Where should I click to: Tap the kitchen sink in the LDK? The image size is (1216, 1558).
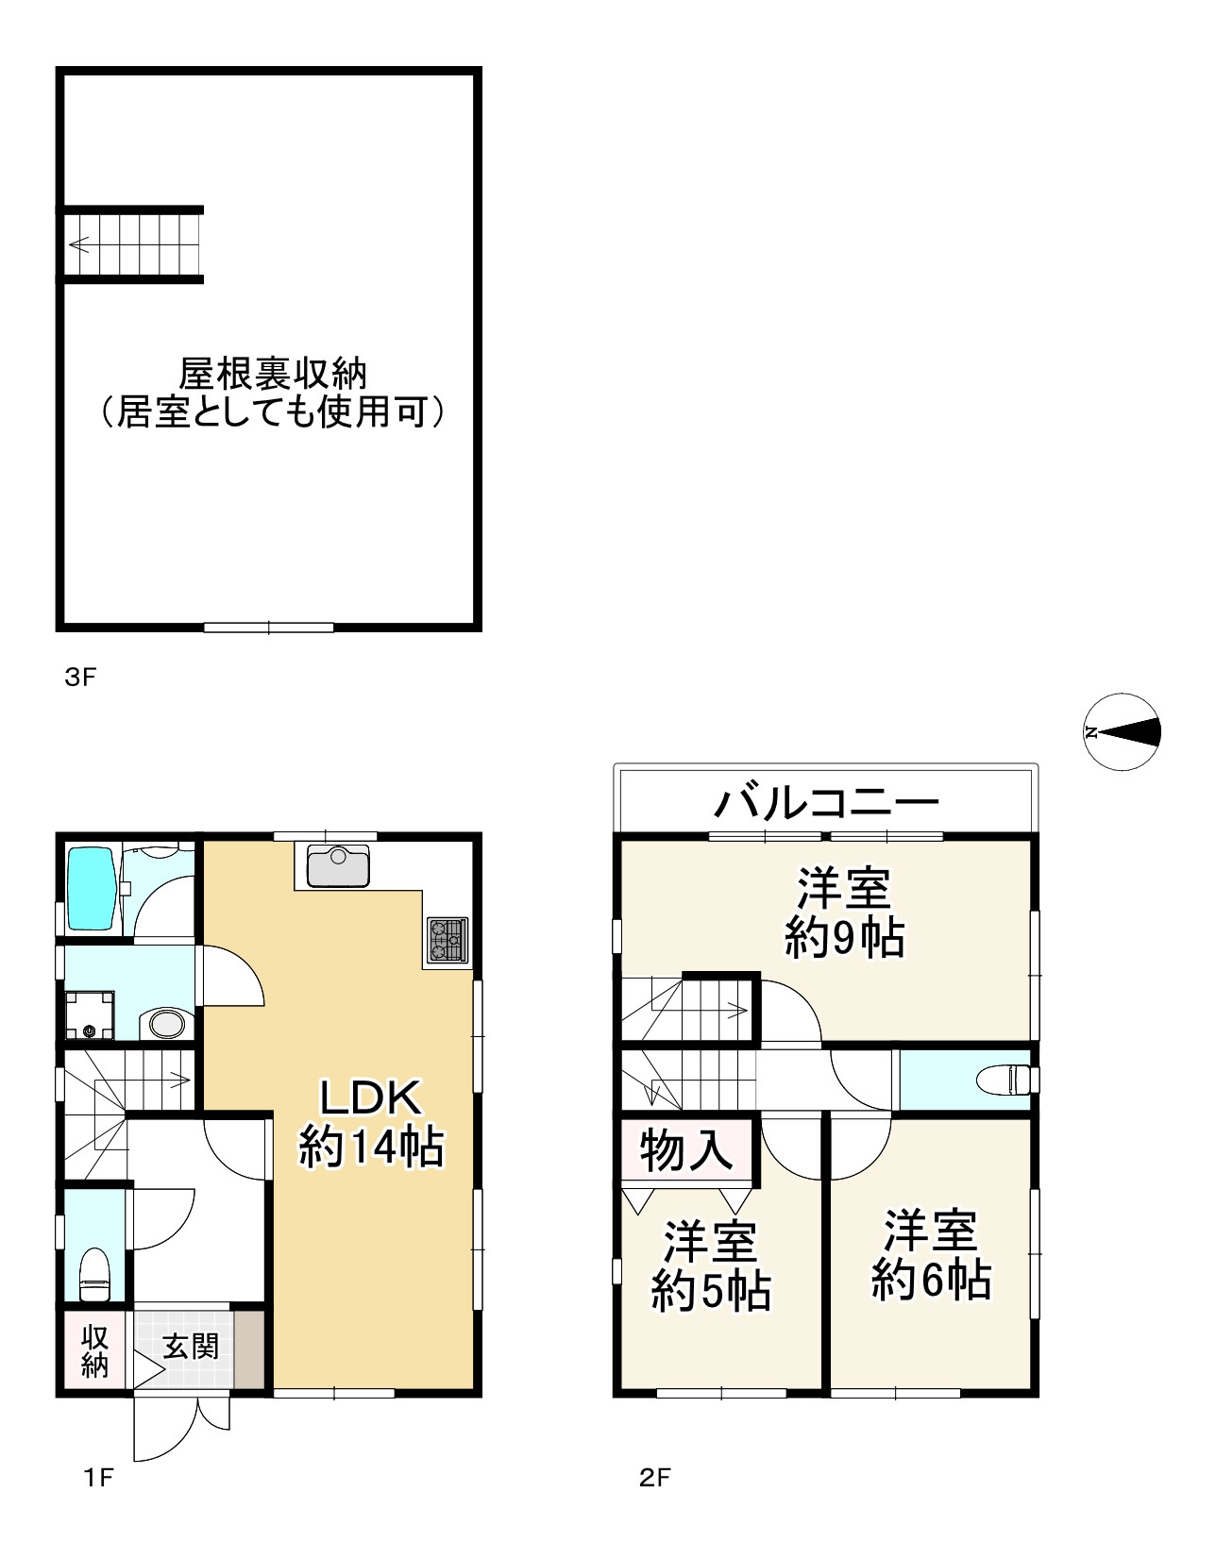(335, 866)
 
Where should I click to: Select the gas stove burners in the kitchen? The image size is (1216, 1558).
(448, 940)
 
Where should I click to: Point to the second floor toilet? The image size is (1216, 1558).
(1005, 1079)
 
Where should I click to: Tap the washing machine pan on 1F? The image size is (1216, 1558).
(90, 1014)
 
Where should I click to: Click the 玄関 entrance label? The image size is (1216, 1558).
(192, 1347)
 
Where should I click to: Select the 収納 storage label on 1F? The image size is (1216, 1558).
(94, 1351)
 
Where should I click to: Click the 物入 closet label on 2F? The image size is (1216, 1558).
(686, 1150)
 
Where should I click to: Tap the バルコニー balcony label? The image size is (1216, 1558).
(826, 803)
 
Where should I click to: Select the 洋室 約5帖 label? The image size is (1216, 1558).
(711, 1266)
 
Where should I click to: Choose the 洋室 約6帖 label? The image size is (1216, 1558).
(931, 1255)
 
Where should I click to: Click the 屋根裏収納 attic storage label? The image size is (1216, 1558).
(272, 393)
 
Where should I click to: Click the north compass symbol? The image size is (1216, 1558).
(1121, 732)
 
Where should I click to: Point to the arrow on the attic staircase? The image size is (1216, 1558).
(79, 246)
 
